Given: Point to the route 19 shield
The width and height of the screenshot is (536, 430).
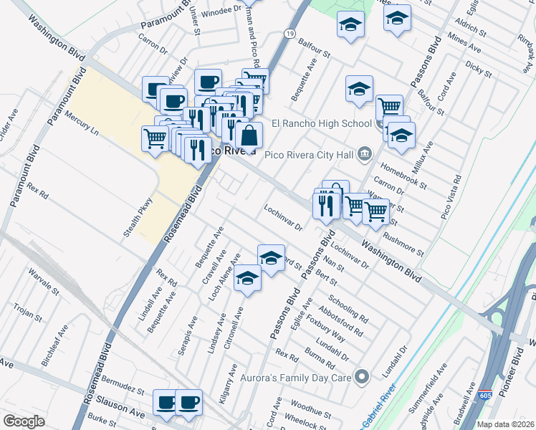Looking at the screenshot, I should (289, 34).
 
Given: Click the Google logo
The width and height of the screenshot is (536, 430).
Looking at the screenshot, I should (23, 421).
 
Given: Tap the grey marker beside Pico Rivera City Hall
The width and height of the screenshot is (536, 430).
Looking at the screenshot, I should (365, 153).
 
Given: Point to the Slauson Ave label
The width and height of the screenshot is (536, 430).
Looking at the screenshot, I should (125, 407).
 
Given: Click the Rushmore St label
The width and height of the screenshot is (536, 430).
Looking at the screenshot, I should (403, 242).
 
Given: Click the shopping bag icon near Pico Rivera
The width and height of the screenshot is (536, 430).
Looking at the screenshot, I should (249, 135).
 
